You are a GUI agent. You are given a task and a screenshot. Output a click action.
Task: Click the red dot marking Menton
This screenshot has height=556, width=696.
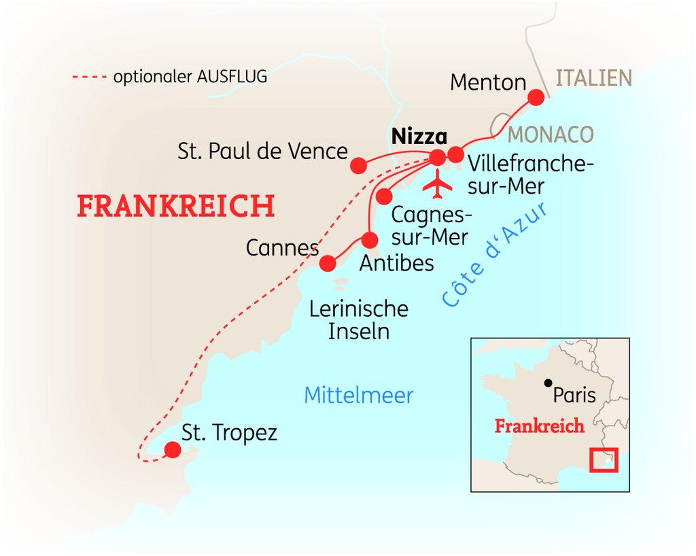[x=536, y=97]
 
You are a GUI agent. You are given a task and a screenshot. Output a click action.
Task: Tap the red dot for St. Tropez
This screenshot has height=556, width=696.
[x=173, y=449]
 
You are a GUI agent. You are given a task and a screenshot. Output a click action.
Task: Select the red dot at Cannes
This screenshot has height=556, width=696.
[x=328, y=263]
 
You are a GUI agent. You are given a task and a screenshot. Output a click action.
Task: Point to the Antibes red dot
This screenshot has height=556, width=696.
[x=370, y=240]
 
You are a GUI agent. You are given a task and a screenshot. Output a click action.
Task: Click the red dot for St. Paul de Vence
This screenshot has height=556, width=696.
[x=359, y=166]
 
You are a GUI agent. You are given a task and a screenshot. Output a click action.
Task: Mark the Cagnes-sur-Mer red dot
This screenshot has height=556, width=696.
[x=384, y=196]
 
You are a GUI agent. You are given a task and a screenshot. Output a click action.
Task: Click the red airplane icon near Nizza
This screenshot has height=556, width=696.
[x=437, y=183]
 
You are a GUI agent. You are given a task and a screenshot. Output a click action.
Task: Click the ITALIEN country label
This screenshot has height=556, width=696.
[x=594, y=79]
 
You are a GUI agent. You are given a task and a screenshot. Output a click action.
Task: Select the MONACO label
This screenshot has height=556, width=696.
[x=551, y=135]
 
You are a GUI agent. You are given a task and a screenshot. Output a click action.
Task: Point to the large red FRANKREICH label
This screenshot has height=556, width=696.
[x=176, y=205]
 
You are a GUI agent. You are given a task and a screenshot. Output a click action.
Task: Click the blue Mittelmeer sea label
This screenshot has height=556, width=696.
[x=359, y=395]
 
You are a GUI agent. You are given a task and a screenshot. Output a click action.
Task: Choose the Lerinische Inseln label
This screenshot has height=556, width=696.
[x=359, y=320]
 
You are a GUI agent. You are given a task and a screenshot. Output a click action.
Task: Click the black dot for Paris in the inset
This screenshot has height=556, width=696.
[x=549, y=383]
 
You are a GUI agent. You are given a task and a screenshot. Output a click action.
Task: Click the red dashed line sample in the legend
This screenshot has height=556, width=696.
[x=90, y=77]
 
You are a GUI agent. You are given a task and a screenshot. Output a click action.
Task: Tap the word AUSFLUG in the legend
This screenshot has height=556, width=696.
[x=232, y=76]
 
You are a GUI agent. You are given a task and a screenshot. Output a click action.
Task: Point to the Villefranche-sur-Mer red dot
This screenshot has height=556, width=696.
[x=455, y=154]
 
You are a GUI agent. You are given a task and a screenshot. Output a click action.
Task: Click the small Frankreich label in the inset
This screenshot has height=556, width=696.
[x=539, y=426]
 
